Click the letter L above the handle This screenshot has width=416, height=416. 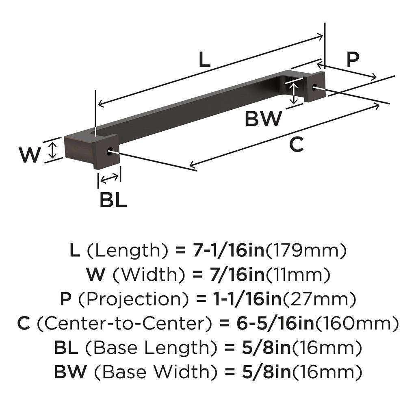tap(205, 60)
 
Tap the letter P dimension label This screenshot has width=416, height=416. tap(353, 59)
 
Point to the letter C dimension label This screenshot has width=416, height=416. tap(297, 145)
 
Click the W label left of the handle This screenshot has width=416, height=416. tap(30, 155)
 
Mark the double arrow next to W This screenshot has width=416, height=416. tap(52, 150)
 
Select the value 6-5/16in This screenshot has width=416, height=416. tap(275, 324)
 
